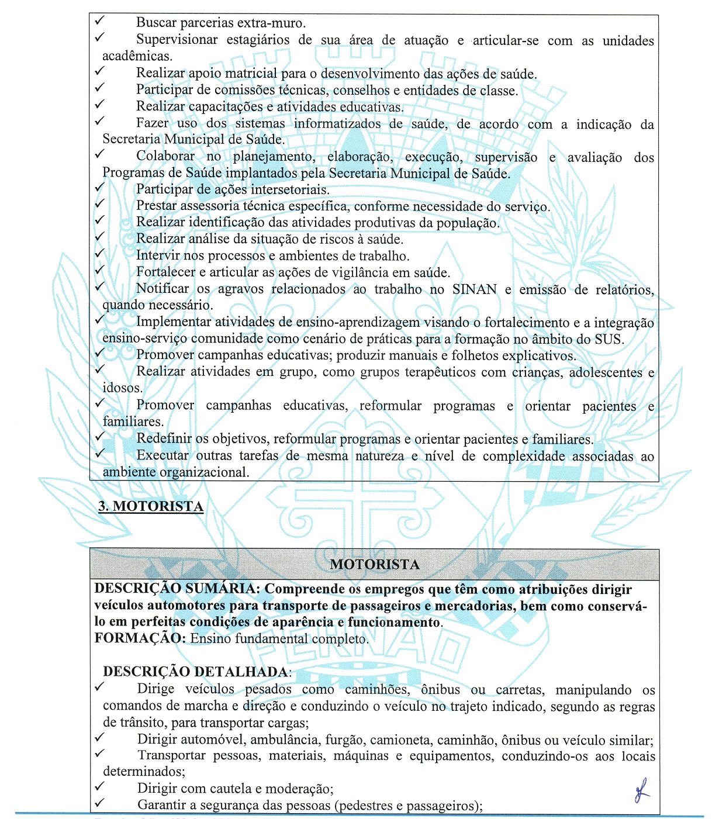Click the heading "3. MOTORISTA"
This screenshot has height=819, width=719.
tap(151, 506)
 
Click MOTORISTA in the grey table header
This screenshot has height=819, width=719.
tap(375, 565)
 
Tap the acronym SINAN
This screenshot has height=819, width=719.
tap(474, 289)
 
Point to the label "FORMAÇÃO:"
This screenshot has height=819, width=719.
tap(139, 638)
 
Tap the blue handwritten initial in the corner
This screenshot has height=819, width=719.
tap(641, 790)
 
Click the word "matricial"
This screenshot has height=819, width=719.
tap(251, 74)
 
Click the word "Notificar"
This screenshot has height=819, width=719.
tap(163, 289)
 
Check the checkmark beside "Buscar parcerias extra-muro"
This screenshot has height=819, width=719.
tap(99, 21)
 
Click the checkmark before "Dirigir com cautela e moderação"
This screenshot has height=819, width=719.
tap(99, 786)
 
